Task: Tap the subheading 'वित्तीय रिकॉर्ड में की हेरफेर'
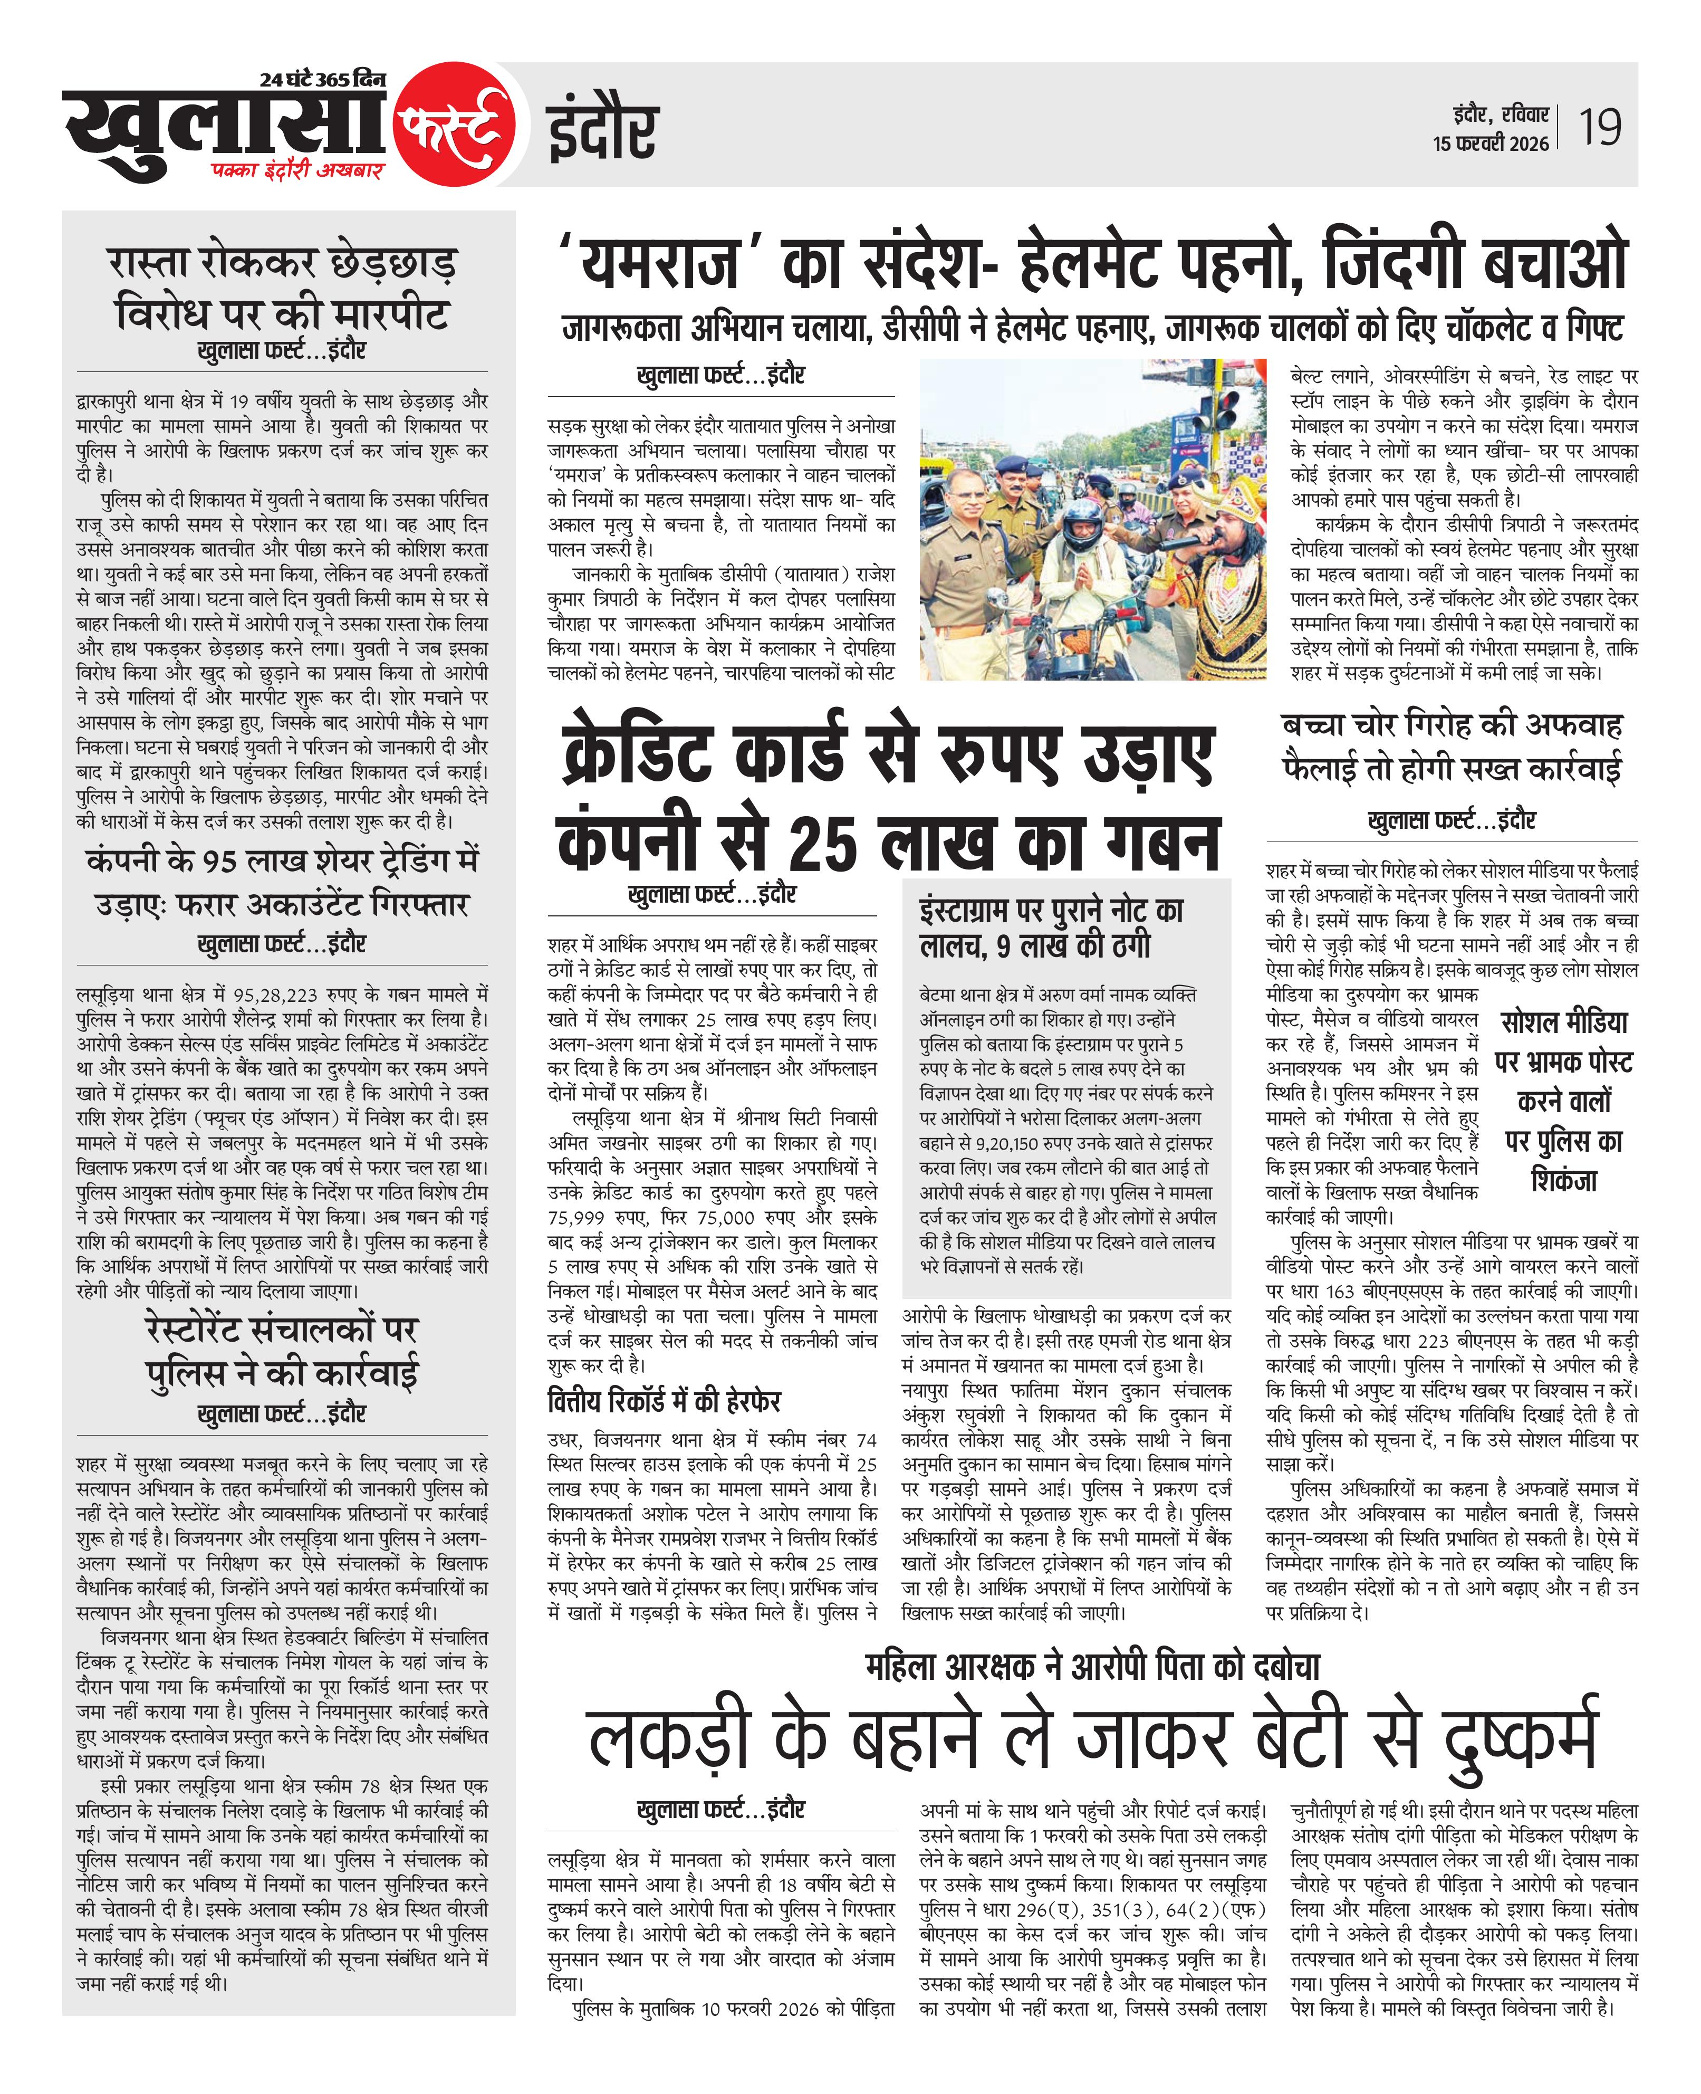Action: click(665, 1401)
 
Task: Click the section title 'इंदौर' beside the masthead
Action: click(602, 131)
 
